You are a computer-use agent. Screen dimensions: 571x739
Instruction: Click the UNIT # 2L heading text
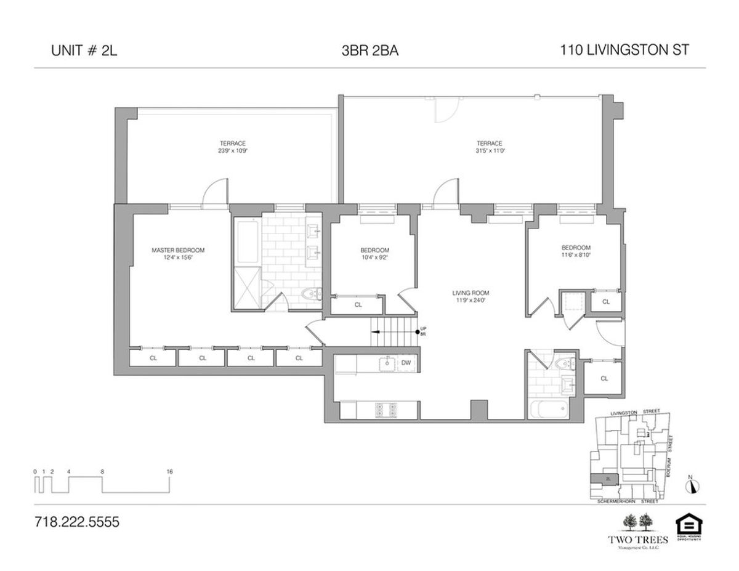84,51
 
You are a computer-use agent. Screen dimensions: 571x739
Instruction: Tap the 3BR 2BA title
369,51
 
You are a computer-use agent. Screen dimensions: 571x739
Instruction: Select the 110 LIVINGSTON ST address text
624,51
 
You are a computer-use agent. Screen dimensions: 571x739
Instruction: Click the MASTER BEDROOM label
178,250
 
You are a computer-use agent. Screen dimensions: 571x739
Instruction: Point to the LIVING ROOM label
470,293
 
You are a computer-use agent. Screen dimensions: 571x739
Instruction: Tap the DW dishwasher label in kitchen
406,363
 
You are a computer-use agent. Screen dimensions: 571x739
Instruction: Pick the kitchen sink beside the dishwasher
387,363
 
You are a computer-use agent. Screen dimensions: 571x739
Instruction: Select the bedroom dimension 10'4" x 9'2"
374,257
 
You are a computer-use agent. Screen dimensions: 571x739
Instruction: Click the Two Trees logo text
637,540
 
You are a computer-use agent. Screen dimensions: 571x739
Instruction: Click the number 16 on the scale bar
169,471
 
